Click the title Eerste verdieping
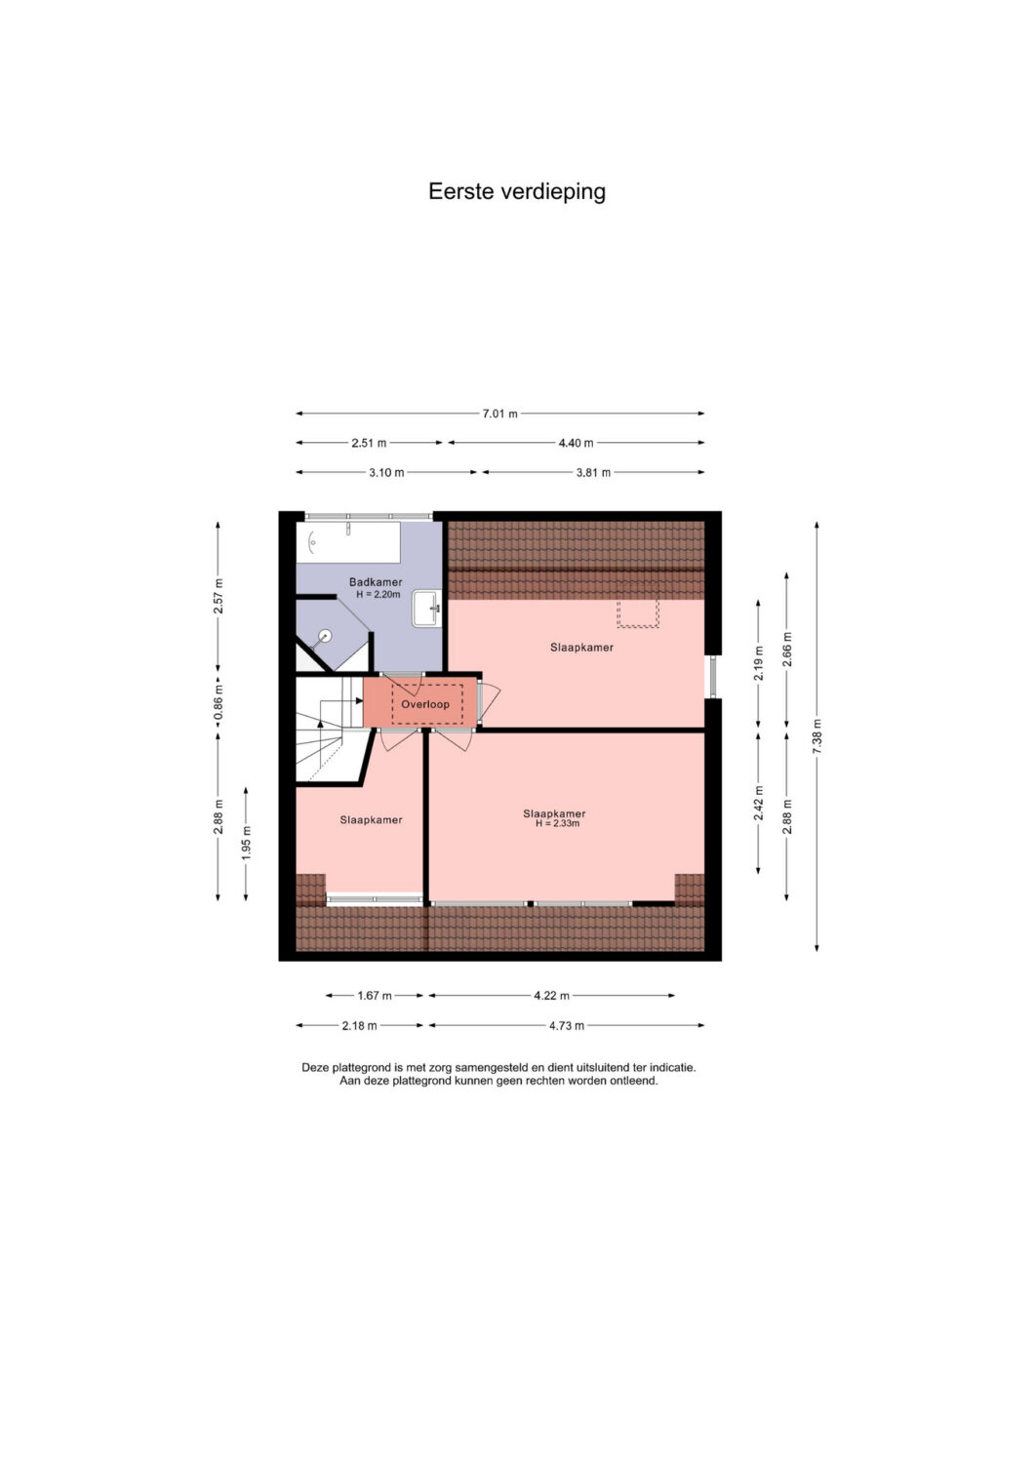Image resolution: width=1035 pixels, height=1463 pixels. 517,192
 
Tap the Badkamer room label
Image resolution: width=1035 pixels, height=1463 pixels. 375,582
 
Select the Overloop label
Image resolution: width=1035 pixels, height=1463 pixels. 425,704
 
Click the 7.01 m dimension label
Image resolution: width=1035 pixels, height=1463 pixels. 499,414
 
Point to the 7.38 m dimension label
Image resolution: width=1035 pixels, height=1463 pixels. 816,736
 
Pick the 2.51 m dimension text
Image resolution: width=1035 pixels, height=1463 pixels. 369,443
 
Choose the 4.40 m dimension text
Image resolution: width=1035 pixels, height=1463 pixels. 576,443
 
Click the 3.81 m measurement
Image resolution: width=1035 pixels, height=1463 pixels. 593,472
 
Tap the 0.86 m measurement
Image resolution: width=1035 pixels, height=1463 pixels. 219,701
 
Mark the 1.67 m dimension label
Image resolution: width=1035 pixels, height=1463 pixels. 375,996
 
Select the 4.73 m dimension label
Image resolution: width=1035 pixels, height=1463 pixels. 566,1025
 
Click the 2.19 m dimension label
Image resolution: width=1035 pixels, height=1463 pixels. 758,663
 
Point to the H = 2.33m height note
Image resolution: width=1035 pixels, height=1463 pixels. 557,823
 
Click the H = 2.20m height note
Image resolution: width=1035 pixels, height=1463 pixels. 378,594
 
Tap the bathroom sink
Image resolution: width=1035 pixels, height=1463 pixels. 426,608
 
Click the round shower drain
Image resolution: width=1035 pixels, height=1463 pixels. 325,635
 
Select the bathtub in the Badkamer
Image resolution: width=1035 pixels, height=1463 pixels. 348,542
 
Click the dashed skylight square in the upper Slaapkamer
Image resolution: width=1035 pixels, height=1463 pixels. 638,613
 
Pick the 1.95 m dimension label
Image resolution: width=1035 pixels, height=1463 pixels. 247,843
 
